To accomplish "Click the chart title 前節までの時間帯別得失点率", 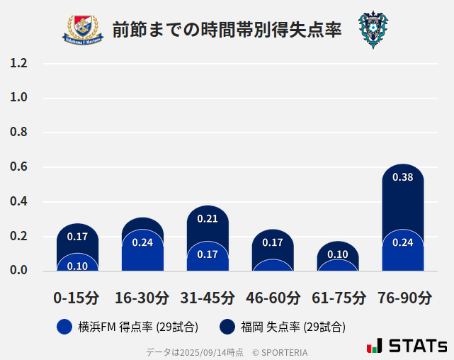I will [x=227, y=30].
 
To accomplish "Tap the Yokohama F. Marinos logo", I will [x=84, y=30].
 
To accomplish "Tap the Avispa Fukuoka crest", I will [x=373, y=30].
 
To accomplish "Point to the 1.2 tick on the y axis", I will [x=18, y=64].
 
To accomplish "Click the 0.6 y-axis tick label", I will [x=18, y=167].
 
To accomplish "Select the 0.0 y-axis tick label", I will [x=18, y=270].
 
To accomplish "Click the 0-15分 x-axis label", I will [x=77, y=298].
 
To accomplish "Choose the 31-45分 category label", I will [x=208, y=298].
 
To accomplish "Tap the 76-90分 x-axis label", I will [x=403, y=298].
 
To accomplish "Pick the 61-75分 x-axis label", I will [x=339, y=298].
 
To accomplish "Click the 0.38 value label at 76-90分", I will [x=403, y=177].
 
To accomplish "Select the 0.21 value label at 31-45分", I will [x=208, y=218].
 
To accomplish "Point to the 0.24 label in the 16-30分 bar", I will [x=142, y=242].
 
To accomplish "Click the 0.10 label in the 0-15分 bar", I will [x=77, y=266].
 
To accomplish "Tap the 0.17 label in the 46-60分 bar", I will [x=273, y=242].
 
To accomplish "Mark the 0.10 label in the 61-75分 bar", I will [x=338, y=254].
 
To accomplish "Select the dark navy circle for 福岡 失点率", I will [x=228, y=327].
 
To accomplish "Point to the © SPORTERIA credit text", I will [x=280, y=352].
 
